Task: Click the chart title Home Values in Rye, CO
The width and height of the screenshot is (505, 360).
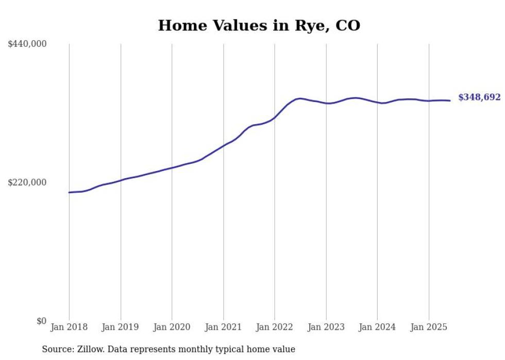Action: pos(259,25)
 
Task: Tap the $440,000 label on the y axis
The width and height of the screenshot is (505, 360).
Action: pos(27,44)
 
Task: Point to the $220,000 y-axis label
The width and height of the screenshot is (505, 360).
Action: pos(27,182)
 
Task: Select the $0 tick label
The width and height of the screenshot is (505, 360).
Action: pos(41,321)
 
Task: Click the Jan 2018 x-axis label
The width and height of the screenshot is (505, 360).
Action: pos(69,327)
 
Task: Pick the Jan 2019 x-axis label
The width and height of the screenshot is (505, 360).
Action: pos(121,327)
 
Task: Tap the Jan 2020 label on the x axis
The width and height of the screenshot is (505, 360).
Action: pos(172,327)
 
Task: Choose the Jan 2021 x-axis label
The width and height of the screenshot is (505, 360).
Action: pos(223,327)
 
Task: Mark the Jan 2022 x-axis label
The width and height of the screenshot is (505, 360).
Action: pos(275,327)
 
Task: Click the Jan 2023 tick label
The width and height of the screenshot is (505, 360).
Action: pos(326,327)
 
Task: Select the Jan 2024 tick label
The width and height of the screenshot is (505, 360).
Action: pos(377,327)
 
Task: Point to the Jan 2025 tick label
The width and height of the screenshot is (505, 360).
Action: pos(429,327)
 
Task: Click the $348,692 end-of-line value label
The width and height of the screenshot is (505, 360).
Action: pos(479,97)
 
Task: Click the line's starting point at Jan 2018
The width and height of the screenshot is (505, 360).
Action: pos(69,192)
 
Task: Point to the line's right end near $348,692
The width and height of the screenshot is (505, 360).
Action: pos(450,100)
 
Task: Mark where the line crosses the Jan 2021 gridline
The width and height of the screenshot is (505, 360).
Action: pos(223,146)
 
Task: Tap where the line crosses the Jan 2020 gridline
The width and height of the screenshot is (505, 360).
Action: pos(172,167)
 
